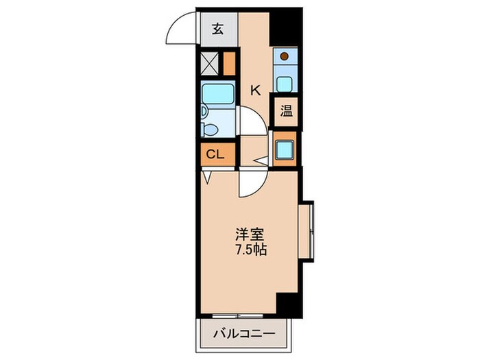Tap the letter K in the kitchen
pyautogui.click(x=255, y=88)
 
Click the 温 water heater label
pyautogui.click(x=285, y=111)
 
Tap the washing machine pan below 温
pyautogui.click(x=285, y=148)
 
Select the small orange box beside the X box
pyautogui.click(x=228, y=64)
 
